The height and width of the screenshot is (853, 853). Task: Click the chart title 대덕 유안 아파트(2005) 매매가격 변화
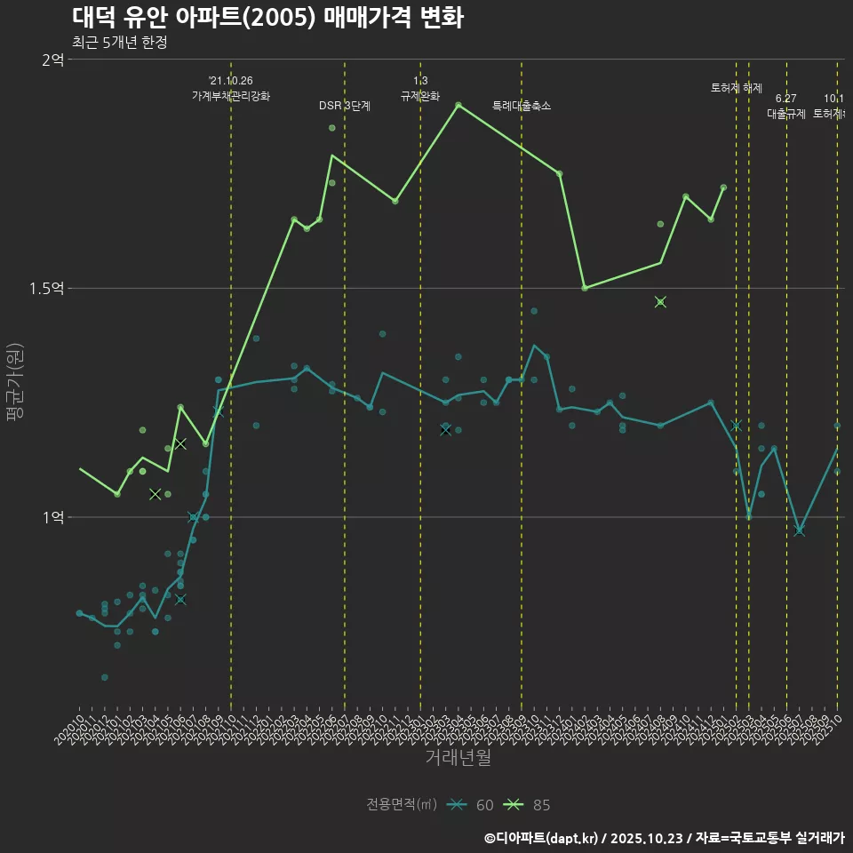click(x=267, y=18)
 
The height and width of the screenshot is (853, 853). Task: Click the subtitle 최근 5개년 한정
click(x=119, y=42)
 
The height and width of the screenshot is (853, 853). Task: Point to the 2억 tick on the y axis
click(x=52, y=60)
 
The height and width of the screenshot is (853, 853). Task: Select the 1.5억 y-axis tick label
click(x=46, y=289)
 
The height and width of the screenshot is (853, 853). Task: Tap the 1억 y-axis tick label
click(x=52, y=517)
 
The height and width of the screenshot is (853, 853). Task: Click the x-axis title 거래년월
click(x=458, y=758)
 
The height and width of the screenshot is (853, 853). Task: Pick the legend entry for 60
click(x=471, y=805)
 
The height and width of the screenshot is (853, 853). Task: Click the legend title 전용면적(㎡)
click(x=401, y=805)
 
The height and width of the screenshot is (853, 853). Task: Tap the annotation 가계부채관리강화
click(x=231, y=95)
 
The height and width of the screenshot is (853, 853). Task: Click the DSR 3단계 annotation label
click(x=345, y=106)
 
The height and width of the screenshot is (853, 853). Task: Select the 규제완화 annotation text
click(x=420, y=95)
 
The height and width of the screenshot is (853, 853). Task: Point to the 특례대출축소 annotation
click(x=522, y=106)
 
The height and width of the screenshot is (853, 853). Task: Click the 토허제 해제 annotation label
click(x=737, y=88)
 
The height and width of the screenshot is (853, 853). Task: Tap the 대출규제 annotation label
click(x=786, y=114)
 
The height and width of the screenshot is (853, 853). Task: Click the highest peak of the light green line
click(x=458, y=105)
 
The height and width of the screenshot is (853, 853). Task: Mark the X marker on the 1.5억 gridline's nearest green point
click(x=660, y=302)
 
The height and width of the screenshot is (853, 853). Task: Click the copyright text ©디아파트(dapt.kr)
click(x=542, y=838)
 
